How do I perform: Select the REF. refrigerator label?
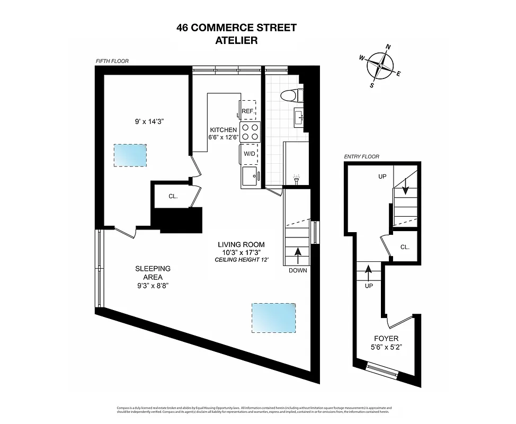point(247,111)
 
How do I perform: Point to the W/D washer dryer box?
point(250,153)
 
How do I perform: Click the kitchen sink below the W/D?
point(250,176)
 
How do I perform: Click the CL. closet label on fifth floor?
point(173,196)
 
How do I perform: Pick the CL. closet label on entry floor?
point(405,247)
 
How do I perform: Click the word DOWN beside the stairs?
point(298,270)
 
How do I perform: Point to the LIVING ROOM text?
point(241,244)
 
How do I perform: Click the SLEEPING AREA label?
point(152,272)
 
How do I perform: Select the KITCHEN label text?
point(223,130)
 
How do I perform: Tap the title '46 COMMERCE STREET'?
point(236,28)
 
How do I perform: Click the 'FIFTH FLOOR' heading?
point(112,61)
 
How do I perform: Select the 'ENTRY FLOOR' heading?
point(361,157)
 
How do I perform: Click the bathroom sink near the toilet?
point(298,116)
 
